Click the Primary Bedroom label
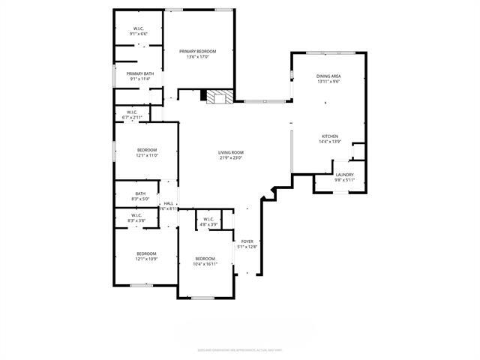(198, 51)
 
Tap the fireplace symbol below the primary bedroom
(218, 96)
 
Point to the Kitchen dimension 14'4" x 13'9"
(330, 142)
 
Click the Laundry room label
(344, 175)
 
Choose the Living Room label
(231, 152)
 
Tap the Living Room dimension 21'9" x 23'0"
(231, 157)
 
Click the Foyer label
(247, 241)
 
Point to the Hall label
(169, 203)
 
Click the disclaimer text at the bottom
(239, 348)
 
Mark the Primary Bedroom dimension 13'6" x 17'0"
(198, 56)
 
